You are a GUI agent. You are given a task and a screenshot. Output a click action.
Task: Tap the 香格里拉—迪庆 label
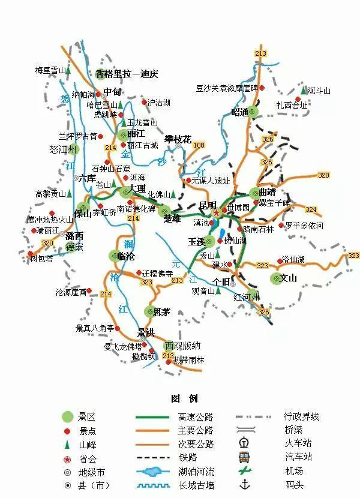coord(127,74)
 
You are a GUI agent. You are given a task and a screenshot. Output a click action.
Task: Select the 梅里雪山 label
coord(50,70)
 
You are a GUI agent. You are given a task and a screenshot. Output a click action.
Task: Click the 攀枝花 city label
coord(178,139)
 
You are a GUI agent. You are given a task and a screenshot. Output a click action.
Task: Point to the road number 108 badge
coord(199,145)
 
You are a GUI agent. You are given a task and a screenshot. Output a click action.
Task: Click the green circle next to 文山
coord(275,278)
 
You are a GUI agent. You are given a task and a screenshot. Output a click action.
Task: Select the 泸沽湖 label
coord(159,103)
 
